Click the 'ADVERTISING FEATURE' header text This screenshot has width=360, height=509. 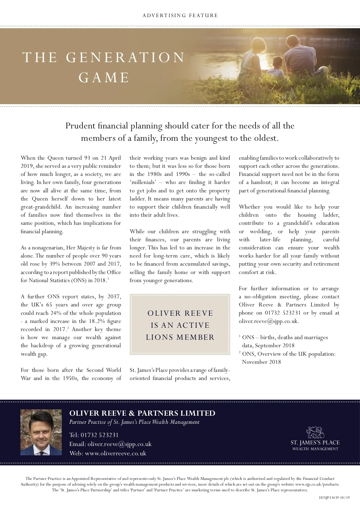tap(180, 15)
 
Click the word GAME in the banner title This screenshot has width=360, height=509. tap(104, 77)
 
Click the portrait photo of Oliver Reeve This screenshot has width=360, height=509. tap(41, 432)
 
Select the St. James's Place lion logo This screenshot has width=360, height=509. tap(315, 432)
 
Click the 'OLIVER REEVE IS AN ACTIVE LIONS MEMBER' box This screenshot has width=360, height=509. tap(180, 325)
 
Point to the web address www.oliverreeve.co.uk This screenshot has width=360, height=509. tap(115, 453)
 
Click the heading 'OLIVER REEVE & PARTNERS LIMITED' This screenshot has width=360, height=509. tap(142, 413)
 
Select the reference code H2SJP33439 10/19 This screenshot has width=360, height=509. tap(334, 498)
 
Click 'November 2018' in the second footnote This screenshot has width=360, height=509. tap(261, 362)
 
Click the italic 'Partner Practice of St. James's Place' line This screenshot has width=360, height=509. tap(134, 422)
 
